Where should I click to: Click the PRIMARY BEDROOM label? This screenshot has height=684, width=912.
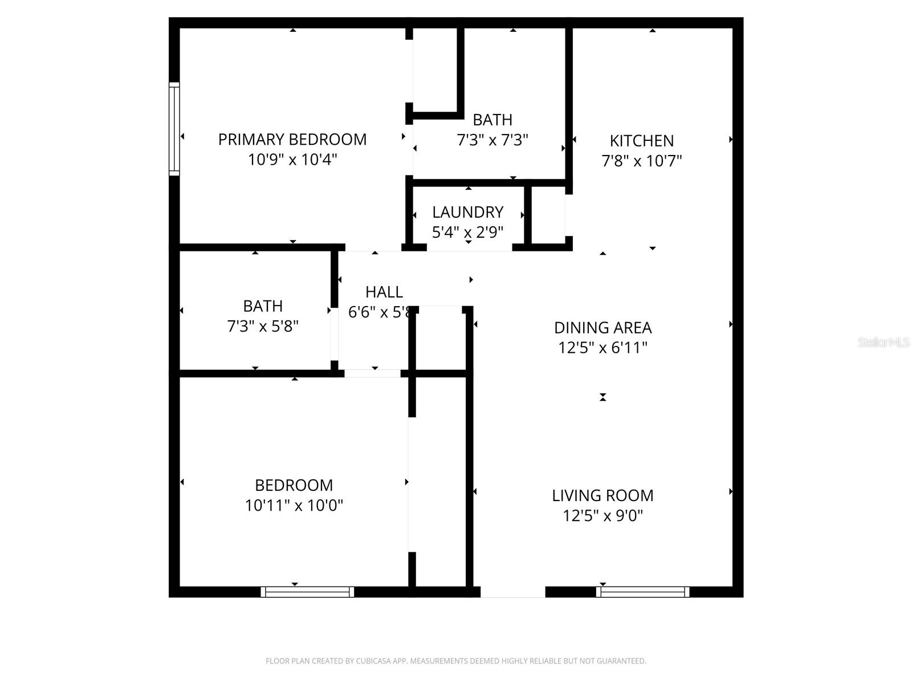pos(292,140)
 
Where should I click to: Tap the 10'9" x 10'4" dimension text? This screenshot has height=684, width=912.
pos(292,160)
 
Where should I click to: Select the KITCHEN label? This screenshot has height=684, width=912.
pos(642,141)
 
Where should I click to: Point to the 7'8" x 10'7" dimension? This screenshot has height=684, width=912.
pos(642,161)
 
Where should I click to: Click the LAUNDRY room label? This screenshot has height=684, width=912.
pos(468,212)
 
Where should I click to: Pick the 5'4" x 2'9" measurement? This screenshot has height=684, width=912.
pos(468,232)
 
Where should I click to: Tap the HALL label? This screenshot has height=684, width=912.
pos(384,292)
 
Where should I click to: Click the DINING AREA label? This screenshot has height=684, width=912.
pos(603,328)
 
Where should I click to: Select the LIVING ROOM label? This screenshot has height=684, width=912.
pos(602,495)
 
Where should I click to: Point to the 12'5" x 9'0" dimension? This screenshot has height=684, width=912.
pos(602,516)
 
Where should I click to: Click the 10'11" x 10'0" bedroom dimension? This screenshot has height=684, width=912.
pos(294,506)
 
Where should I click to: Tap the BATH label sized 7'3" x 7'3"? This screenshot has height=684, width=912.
pos(492,120)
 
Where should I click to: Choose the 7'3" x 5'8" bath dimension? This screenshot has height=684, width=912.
pos(263,326)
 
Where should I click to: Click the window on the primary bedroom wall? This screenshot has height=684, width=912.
pos(174,129)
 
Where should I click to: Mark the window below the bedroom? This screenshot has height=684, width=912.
pos(307,592)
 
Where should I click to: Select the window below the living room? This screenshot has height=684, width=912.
pos(642,592)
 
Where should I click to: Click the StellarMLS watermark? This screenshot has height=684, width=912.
pos(883,342)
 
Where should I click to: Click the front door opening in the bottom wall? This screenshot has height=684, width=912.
pos(512,592)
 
